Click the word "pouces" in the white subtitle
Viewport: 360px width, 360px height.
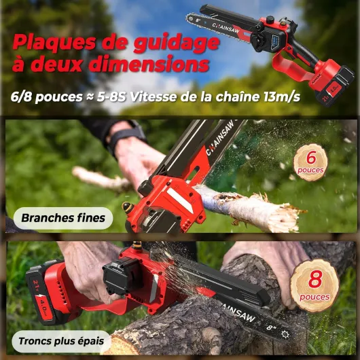pos(59,97)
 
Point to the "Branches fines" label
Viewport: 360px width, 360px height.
pos(63,218)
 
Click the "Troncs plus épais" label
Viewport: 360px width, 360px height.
pos(61,341)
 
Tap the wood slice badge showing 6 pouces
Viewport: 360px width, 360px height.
pos(310,163)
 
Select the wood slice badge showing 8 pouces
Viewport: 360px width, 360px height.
pos(314,285)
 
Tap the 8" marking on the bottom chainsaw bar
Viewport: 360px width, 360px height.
pos(271,327)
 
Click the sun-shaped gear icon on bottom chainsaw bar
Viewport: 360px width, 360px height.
pos(285,334)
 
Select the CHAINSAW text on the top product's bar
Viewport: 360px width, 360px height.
pos(226,28)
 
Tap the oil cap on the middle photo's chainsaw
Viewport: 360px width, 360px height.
pos(128,208)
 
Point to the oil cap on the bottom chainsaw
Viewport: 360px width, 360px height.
pos(137,247)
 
